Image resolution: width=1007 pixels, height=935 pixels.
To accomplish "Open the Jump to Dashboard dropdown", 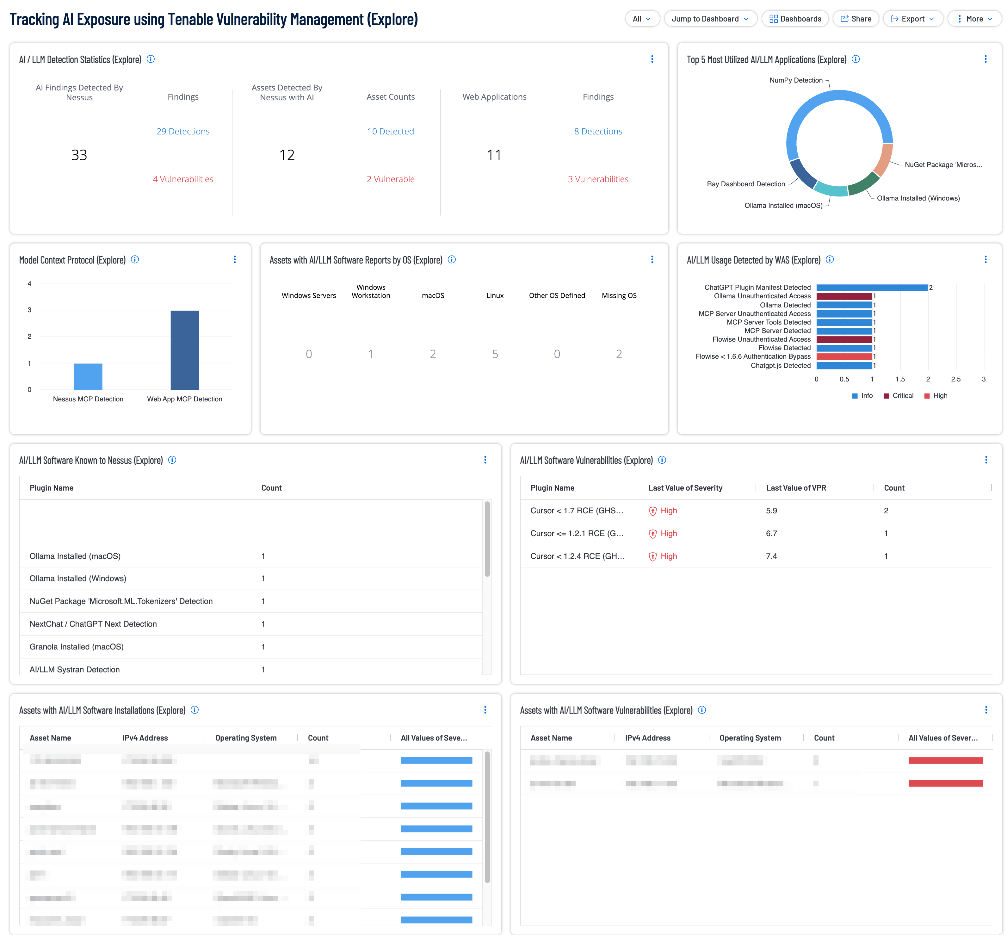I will coord(710,19).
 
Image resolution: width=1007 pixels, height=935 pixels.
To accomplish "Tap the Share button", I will coord(856,19).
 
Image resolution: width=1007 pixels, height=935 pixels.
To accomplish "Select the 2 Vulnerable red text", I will coord(391,179).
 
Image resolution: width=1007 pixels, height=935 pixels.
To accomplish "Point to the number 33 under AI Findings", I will coord(79,155).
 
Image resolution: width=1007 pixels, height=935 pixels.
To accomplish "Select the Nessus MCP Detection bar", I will coord(88,376).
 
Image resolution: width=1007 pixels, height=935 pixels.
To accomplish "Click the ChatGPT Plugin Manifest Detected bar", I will coord(871,288).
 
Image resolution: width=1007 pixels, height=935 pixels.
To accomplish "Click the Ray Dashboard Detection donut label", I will coord(745,184).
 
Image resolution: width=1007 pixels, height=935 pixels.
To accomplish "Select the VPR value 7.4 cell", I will coord(771,556).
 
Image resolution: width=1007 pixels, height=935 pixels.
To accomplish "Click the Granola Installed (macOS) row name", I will coord(76,647).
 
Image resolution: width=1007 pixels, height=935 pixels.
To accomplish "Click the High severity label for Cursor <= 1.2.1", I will coord(668,533).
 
